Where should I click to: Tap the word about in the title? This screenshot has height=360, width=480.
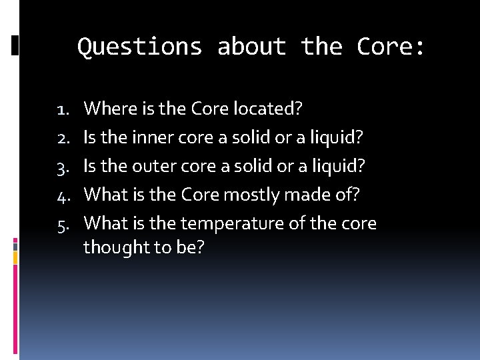251,47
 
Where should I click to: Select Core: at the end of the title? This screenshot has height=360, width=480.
391,47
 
